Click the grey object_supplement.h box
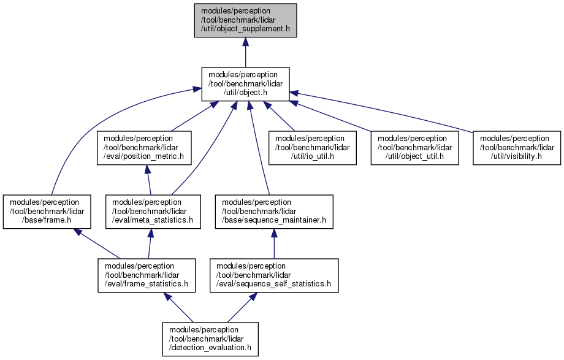click(x=245, y=20)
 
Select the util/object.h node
click(x=245, y=84)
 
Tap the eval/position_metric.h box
click(x=144, y=148)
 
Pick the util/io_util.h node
click(x=313, y=148)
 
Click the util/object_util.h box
click(x=415, y=148)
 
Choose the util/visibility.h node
click(x=517, y=148)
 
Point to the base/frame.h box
click(x=47, y=212)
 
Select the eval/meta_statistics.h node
click(x=153, y=212)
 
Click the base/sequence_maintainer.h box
click(x=274, y=212)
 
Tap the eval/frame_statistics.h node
click(x=147, y=275)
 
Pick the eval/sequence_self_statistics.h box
click(x=274, y=275)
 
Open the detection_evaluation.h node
click(x=210, y=339)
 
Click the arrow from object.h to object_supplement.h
click(x=245, y=52)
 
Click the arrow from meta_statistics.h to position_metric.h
click(x=148, y=180)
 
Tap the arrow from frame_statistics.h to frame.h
click(x=97, y=243)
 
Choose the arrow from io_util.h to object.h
click(x=279, y=116)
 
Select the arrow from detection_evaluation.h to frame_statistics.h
click(x=178, y=307)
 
